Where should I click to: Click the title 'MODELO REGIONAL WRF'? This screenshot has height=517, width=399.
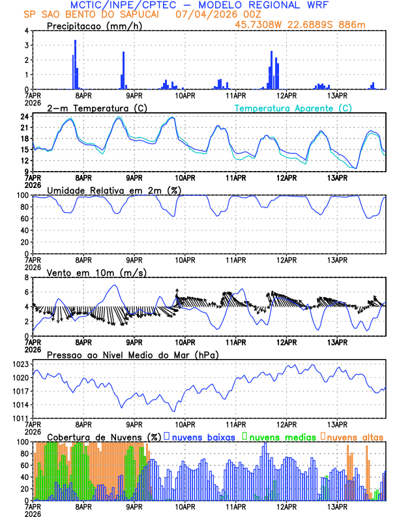pyautogui.click(x=274, y=5)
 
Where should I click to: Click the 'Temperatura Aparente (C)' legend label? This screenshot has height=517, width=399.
pyautogui.click(x=293, y=108)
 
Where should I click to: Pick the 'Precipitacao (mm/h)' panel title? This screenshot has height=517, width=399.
pyautogui.click(x=93, y=26)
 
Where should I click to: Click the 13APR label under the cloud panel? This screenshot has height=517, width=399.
pyautogui.click(x=337, y=506)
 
